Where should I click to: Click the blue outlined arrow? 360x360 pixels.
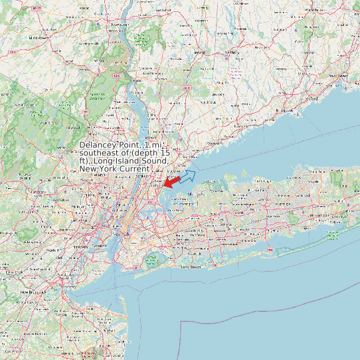[187, 176]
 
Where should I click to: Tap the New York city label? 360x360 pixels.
[120, 235]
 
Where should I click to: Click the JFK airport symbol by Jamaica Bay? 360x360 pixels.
[152, 258]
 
